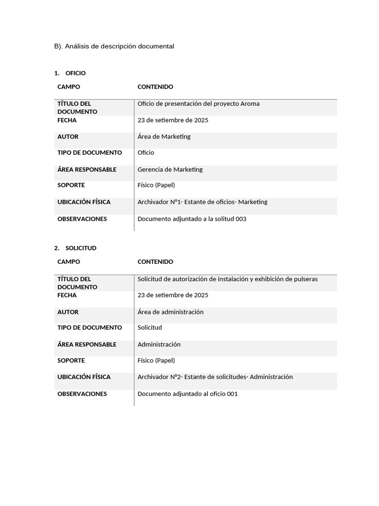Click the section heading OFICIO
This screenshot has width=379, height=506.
click(75, 73)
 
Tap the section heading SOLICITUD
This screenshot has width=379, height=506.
click(80, 248)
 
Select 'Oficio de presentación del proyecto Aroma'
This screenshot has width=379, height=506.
click(198, 104)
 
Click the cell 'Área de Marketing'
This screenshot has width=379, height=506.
click(164, 136)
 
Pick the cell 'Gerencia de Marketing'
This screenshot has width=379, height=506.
click(170, 169)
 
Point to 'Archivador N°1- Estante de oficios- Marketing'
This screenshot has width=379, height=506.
click(202, 202)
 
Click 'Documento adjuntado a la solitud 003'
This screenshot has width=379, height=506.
click(191, 219)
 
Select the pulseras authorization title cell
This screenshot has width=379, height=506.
click(227, 279)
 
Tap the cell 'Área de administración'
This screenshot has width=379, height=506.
click(170, 312)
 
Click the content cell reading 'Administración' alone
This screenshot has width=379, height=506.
click(159, 344)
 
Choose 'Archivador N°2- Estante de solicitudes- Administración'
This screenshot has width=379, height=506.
click(215, 377)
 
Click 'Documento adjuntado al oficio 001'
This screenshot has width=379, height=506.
click(188, 394)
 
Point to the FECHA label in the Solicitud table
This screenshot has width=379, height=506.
click(67, 295)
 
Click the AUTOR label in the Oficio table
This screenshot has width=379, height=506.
click(68, 136)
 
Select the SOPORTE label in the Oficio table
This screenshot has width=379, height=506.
click(71, 185)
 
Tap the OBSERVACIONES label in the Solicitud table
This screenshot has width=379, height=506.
click(82, 394)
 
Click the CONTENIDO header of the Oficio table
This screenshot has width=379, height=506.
click(155, 87)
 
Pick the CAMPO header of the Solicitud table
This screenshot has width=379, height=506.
click(69, 262)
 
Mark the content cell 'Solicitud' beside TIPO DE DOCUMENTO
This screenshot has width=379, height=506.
click(150, 328)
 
